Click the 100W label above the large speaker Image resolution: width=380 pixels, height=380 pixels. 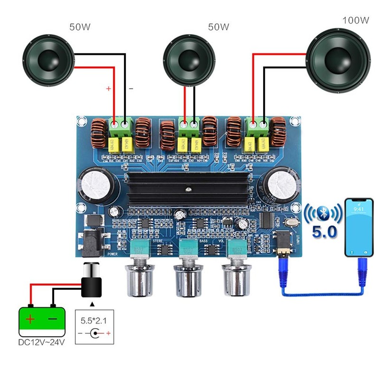click(x=355, y=20)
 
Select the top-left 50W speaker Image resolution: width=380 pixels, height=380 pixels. click(x=49, y=63)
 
